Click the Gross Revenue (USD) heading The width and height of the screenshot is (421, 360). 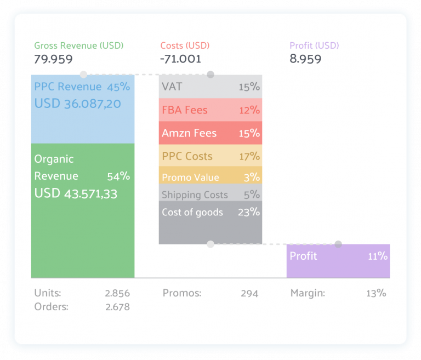click(79, 45)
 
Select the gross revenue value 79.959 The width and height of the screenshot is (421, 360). click(53, 59)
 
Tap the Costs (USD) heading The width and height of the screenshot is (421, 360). click(185, 45)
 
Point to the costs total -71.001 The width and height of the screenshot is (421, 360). click(180, 59)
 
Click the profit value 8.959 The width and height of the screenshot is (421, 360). click(305, 59)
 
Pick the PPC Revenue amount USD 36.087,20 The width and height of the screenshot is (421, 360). click(77, 103)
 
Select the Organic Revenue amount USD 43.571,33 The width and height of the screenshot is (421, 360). click(76, 193)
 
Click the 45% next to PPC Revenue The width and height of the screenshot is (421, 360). click(118, 87)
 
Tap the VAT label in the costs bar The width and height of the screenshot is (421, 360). click(172, 87)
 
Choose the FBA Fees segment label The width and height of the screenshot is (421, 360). click(185, 110)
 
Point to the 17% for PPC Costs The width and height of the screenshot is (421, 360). click(249, 156)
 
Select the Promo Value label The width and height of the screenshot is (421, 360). click(190, 178)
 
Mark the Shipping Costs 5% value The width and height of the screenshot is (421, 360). click(252, 195)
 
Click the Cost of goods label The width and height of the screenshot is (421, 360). click(192, 212)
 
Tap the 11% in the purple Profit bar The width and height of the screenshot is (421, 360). click(378, 256)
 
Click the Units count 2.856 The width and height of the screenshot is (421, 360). click(117, 293)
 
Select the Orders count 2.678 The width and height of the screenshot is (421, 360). click(117, 307)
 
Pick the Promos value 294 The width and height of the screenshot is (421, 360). click(249, 293)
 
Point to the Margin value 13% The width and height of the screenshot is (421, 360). click(376, 293)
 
